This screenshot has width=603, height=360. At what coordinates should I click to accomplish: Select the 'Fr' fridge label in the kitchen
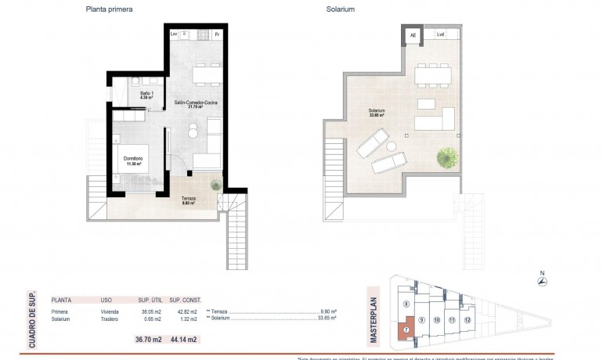(217, 34)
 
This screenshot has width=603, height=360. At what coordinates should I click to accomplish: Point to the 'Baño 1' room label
(146, 95)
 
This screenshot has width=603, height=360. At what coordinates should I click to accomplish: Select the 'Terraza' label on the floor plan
(190, 200)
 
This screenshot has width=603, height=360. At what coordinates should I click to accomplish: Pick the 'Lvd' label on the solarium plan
(441, 34)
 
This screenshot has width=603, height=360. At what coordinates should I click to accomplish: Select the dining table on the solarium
(432, 75)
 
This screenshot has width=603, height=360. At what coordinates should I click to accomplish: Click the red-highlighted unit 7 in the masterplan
(406, 329)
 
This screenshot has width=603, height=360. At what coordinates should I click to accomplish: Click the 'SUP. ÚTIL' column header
(150, 299)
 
